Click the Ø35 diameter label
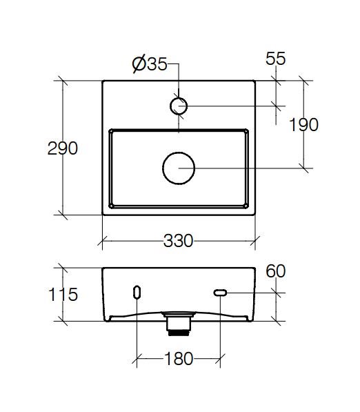(x=150, y=64)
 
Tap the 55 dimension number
(x=275, y=59)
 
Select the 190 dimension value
(x=303, y=124)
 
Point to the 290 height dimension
(x=63, y=148)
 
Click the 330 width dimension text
(x=179, y=241)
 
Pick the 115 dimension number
(x=63, y=294)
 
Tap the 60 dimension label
(x=275, y=271)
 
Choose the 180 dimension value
(x=179, y=359)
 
